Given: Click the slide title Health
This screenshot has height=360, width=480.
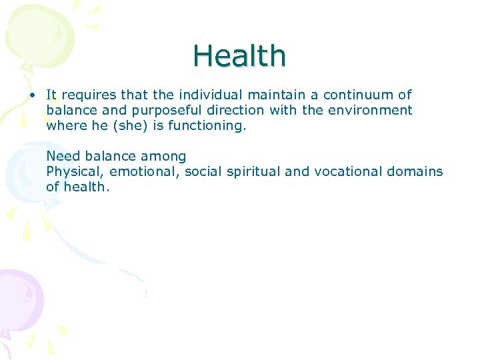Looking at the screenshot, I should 239,56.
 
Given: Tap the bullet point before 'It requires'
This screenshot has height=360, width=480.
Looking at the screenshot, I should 32,95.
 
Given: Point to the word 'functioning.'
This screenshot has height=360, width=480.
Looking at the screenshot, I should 205,125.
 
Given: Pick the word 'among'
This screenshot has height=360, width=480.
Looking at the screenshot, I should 163,157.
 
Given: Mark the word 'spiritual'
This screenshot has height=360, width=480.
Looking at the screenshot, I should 253,172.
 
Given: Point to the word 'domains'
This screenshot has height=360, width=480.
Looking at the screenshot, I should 415,171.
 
